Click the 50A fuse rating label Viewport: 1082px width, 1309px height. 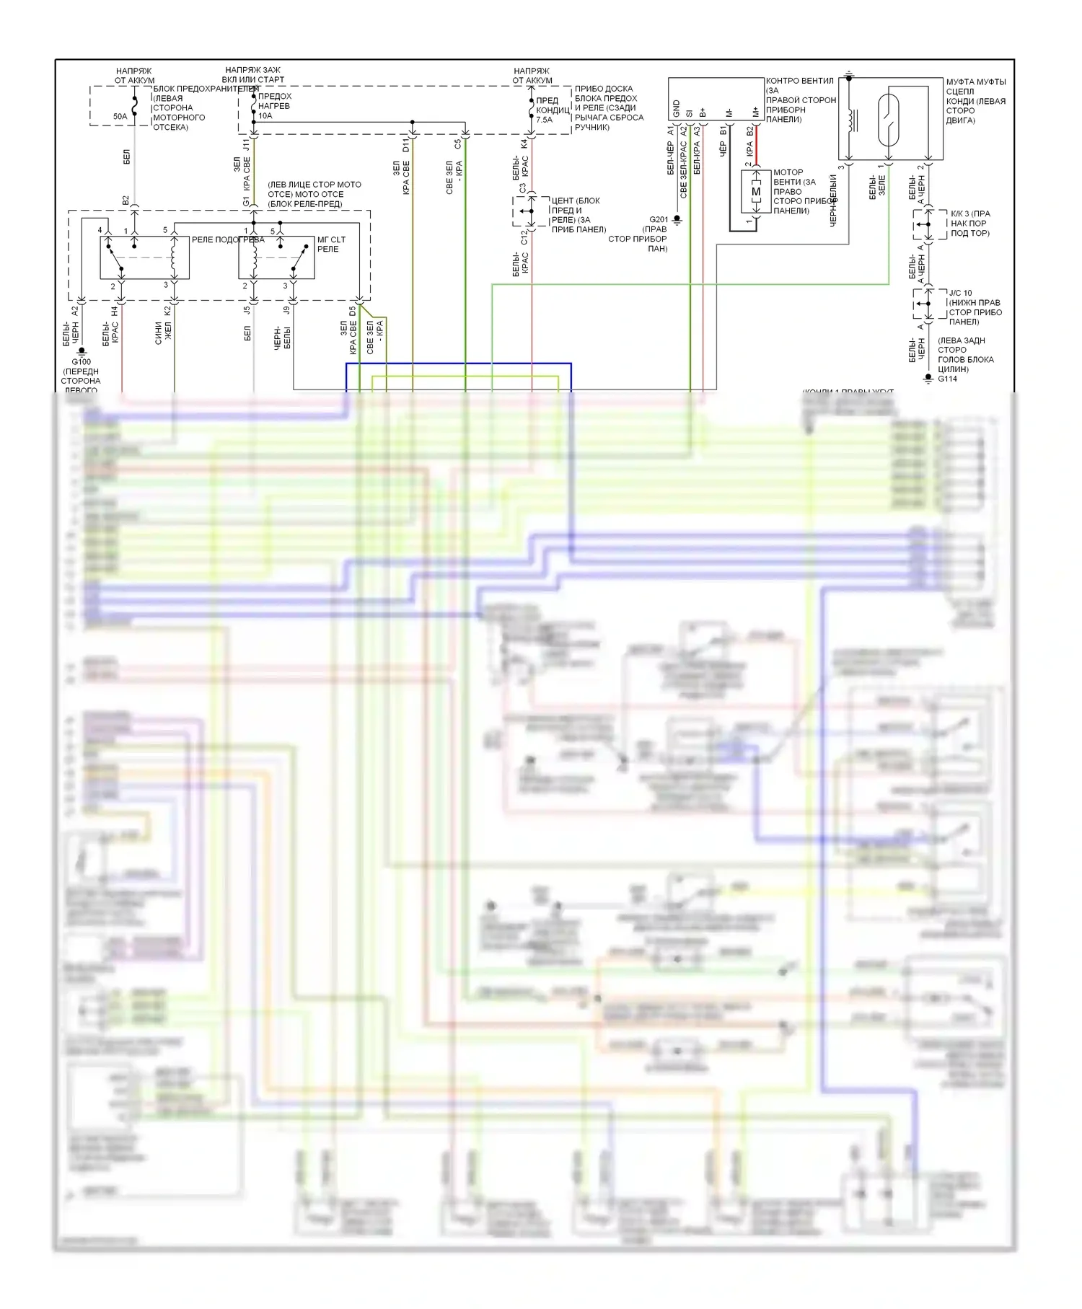[x=120, y=116]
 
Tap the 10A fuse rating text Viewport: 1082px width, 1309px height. [x=265, y=115]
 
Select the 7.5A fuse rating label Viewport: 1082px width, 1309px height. [x=544, y=120]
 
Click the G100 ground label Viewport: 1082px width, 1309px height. [x=81, y=362]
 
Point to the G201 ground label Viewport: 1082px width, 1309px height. [x=659, y=220]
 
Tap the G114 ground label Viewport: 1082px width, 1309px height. [x=947, y=379]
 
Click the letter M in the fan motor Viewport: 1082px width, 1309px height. [x=756, y=192]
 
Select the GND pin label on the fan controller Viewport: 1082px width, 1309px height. [x=677, y=109]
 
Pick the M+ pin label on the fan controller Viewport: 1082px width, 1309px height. [x=756, y=111]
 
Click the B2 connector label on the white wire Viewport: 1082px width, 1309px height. [x=126, y=200]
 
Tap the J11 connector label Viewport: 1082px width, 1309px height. [x=246, y=145]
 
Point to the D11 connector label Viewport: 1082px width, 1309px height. [x=406, y=146]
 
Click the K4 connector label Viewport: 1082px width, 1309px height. [x=524, y=144]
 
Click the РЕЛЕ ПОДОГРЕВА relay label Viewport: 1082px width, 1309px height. [x=228, y=239]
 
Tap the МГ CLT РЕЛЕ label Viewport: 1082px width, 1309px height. [x=331, y=244]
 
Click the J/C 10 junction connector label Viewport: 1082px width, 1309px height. [x=960, y=294]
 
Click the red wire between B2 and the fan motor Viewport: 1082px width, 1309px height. [x=757, y=148]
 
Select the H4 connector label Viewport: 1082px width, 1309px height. [x=115, y=312]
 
